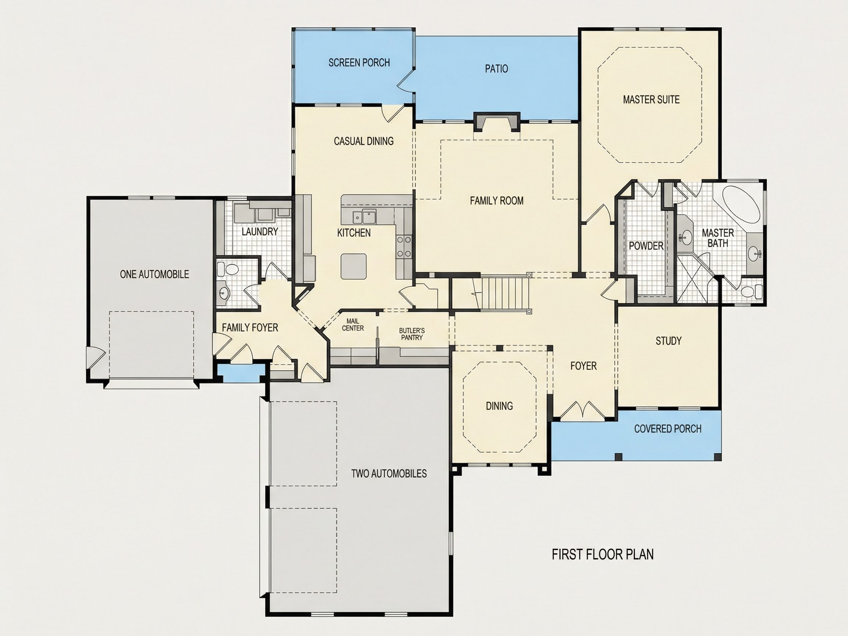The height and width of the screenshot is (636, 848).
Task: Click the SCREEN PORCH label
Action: (359, 63)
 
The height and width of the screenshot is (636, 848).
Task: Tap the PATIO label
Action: (497, 68)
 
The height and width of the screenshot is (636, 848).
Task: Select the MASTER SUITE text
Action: (651, 100)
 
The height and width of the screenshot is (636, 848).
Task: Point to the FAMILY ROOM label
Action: (497, 201)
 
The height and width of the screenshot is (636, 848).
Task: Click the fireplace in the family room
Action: (497, 122)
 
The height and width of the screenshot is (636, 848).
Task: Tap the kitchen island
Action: (353, 266)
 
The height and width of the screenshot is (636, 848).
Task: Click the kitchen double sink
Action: (364, 218)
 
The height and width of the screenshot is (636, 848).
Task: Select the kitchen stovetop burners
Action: (404, 247)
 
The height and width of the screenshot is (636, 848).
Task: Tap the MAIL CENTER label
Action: (353, 325)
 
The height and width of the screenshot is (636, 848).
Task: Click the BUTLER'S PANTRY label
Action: (412, 334)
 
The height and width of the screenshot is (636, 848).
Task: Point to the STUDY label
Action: (669, 341)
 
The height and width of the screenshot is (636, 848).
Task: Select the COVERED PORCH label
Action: (668, 428)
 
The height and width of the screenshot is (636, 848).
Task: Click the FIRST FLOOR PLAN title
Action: (603, 554)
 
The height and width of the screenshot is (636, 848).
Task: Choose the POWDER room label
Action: (646, 246)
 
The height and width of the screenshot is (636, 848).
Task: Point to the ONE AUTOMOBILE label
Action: (155, 274)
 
